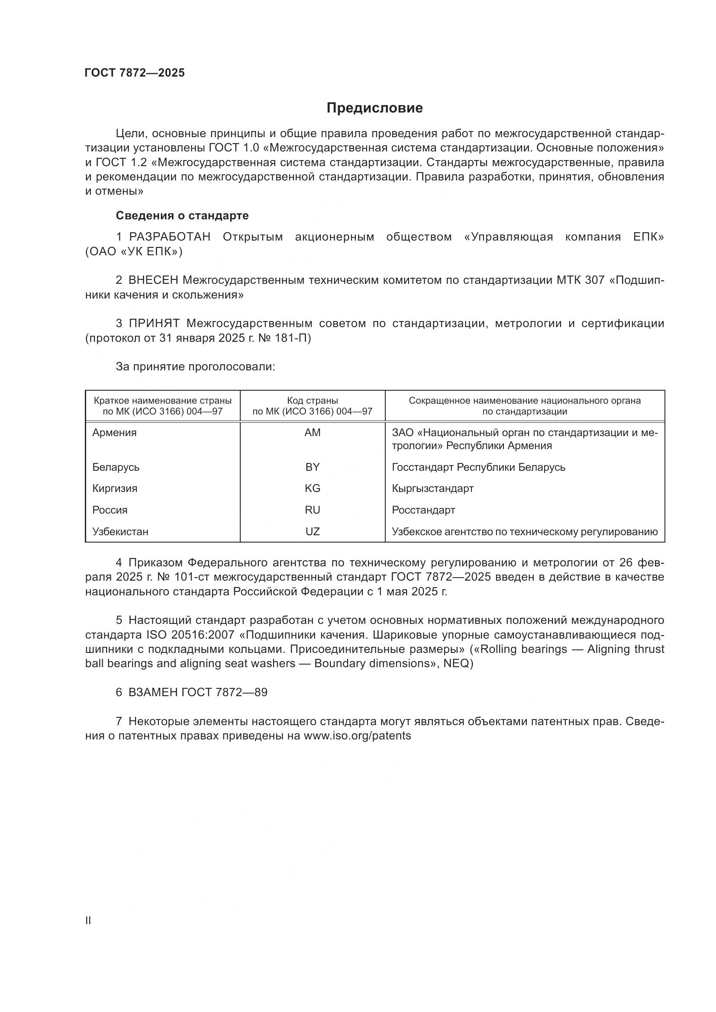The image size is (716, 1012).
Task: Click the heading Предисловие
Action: (x=374, y=108)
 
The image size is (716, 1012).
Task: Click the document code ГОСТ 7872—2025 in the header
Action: (x=135, y=73)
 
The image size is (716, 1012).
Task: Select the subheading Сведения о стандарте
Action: (x=182, y=215)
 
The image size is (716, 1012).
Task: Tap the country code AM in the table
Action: (x=312, y=433)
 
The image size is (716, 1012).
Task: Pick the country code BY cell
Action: (x=312, y=467)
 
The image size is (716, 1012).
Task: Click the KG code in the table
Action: (x=312, y=488)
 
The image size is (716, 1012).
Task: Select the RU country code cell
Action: (x=312, y=510)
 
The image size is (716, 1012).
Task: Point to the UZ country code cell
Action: (x=312, y=532)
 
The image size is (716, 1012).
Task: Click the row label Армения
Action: (x=114, y=433)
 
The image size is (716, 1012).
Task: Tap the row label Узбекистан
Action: (x=120, y=532)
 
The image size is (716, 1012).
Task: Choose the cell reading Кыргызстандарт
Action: (x=432, y=488)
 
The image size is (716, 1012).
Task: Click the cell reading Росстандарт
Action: (x=423, y=510)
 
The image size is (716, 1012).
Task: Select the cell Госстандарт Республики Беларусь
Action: (x=478, y=467)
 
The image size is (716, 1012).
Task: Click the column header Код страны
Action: (x=312, y=401)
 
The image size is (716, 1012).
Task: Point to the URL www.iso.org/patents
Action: (x=357, y=736)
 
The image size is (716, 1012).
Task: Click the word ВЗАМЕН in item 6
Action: (x=153, y=692)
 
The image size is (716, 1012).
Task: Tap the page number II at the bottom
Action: (x=88, y=921)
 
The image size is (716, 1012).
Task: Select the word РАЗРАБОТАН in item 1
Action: (x=170, y=237)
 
